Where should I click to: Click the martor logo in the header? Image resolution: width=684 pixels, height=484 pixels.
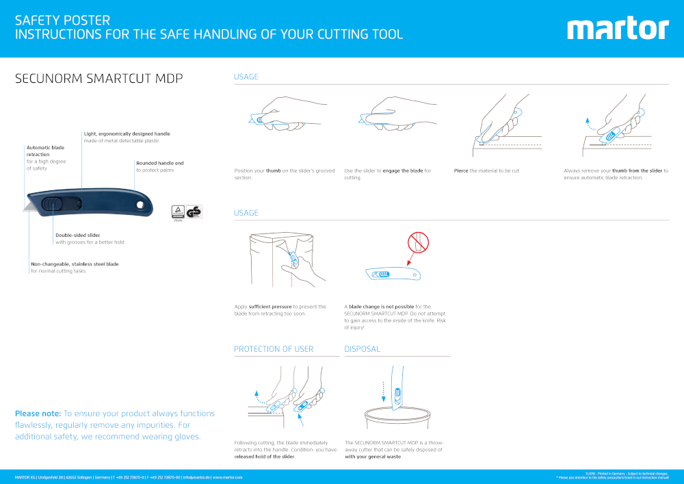click(x=618, y=29)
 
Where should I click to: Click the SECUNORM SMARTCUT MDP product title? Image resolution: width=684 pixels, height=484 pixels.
click(x=99, y=79)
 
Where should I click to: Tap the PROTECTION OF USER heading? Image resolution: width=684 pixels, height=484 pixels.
click(x=274, y=349)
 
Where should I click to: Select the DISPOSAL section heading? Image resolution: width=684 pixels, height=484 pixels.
click(x=362, y=349)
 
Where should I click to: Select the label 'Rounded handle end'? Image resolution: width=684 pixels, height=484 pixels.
click(x=159, y=163)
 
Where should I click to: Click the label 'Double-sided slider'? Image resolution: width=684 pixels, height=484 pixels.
click(x=77, y=235)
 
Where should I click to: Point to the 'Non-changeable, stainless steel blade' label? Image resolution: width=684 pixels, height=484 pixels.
click(x=75, y=264)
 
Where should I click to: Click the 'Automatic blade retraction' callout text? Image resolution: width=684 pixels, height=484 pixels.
click(x=45, y=151)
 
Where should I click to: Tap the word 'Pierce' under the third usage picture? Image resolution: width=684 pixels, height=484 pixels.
click(x=461, y=170)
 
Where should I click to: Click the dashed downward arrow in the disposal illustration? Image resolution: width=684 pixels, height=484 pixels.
click(x=384, y=391)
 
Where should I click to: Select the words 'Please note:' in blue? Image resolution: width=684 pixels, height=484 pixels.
click(x=38, y=413)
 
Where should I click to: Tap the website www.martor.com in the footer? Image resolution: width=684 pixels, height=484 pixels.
click(x=228, y=477)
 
